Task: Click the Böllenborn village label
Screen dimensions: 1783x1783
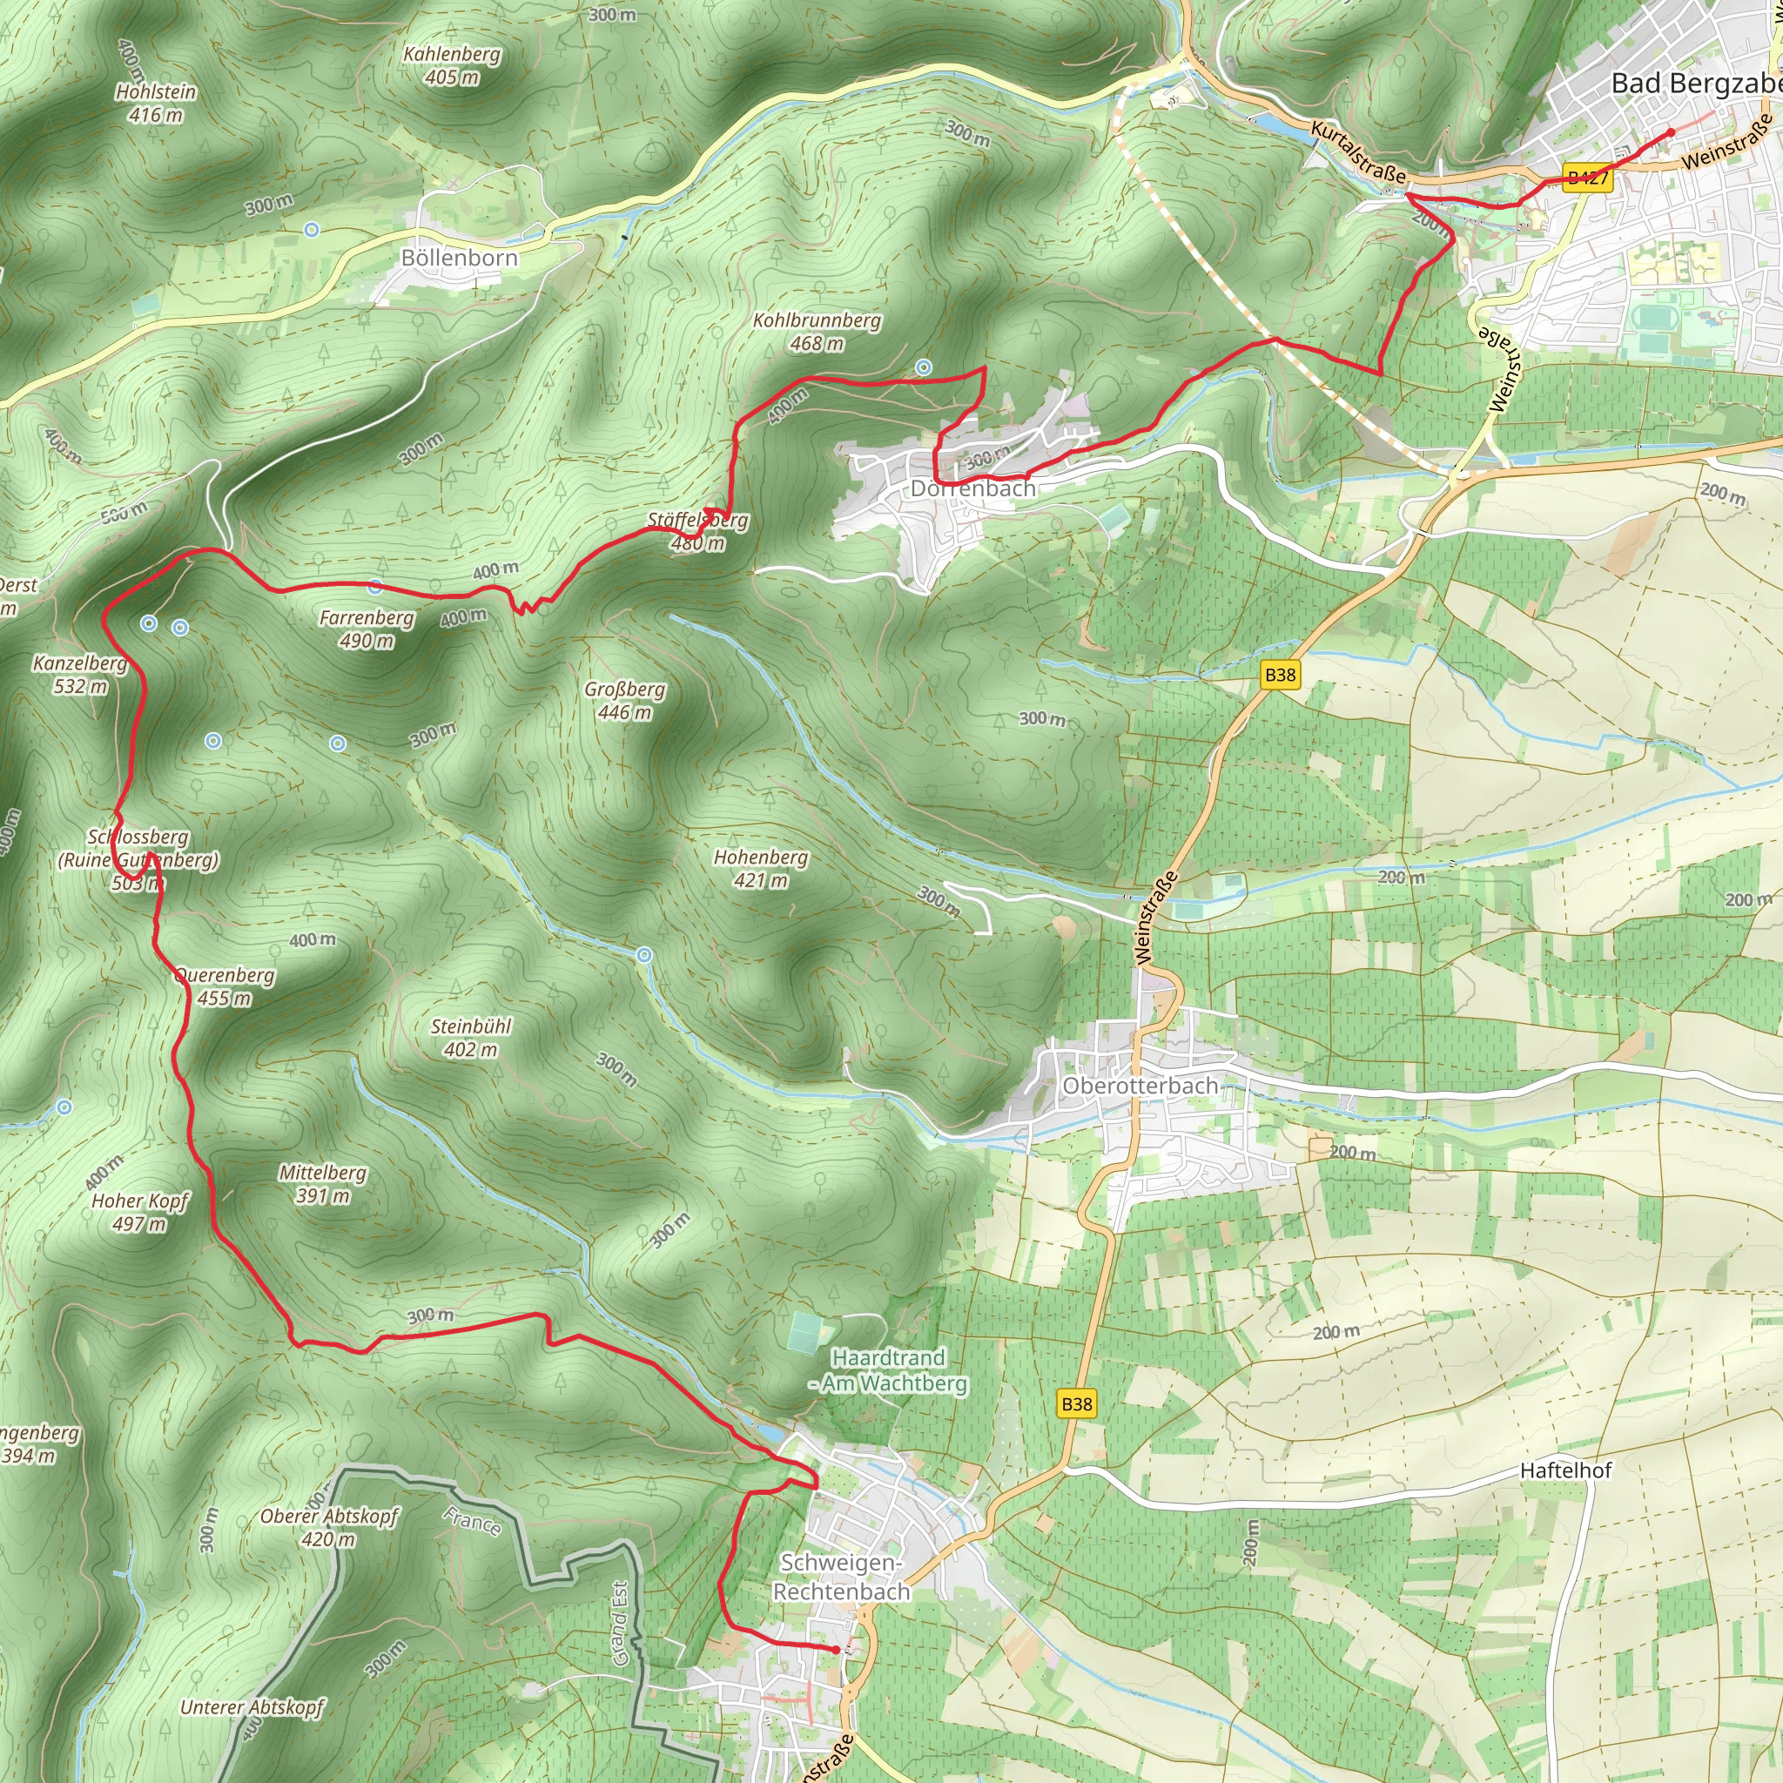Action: click(459, 258)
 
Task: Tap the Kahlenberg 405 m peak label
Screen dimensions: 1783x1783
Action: click(451, 65)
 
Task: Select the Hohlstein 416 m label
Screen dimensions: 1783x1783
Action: click(156, 104)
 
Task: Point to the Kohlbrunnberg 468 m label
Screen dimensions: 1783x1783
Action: click(816, 332)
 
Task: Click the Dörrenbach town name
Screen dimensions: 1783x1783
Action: click(972, 488)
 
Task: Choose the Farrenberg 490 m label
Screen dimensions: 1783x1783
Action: click(367, 629)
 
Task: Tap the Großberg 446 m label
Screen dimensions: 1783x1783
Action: click(624, 701)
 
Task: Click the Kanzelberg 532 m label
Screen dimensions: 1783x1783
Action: click(79, 674)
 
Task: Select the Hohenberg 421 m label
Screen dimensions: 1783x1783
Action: click(760, 868)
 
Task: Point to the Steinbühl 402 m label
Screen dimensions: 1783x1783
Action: click(471, 1037)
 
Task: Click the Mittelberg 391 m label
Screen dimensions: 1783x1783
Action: click(322, 1183)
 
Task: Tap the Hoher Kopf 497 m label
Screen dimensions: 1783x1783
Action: click(139, 1212)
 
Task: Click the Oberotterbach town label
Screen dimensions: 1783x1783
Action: click(1140, 1086)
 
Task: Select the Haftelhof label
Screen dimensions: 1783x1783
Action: click(1565, 1470)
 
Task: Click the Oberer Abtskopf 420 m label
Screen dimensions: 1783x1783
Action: click(328, 1527)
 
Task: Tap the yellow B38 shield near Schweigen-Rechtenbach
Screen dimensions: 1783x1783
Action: click(1076, 1403)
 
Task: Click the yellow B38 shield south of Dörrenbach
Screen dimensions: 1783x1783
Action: click(1280, 675)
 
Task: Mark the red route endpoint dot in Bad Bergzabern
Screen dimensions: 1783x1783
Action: click(1671, 133)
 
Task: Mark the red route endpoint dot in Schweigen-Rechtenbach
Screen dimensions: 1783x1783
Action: click(836, 1650)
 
